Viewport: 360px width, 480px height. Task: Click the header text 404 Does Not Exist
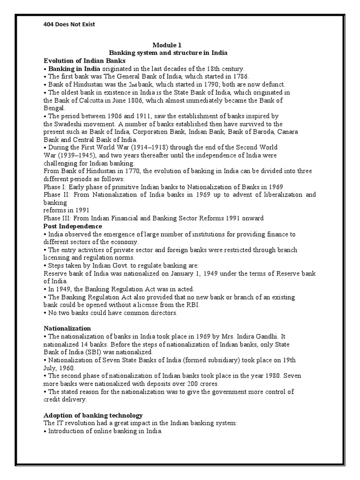[x=69, y=24]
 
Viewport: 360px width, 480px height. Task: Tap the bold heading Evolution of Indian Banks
[x=84, y=61]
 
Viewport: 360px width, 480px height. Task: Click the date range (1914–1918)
[x=159, y=147]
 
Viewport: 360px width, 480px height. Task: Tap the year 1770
[x=133, y=171]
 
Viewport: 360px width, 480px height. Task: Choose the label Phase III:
[x=56, y=218]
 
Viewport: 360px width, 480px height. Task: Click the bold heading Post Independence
[x=73, y=226]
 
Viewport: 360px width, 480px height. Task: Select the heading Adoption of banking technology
[x=93, y=415]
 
